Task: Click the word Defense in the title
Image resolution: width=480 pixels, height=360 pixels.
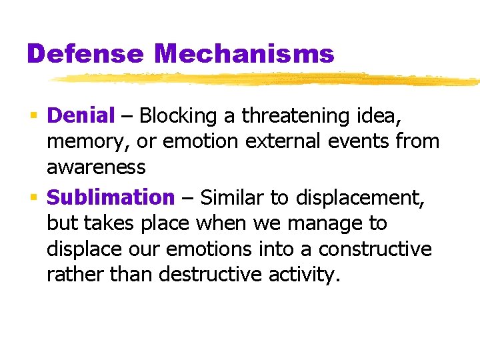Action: tap(85, 53)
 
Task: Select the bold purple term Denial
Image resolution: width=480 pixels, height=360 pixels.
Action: tap(81, 116)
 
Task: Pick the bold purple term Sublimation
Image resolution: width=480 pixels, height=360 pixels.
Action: tap(111, 197)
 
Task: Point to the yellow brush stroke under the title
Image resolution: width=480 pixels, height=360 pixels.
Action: tap(267, 79)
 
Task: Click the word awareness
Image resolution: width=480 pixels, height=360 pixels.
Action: tap(96, 167)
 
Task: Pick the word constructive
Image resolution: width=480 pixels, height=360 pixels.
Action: tap(375, 249)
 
